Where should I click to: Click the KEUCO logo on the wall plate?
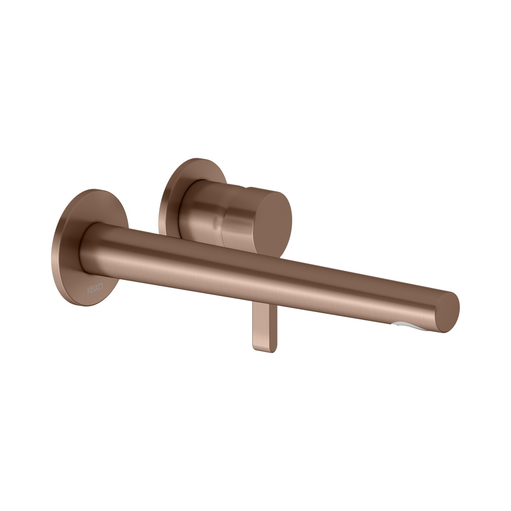95,288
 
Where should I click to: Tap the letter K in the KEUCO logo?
88,291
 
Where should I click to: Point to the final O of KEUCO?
101,286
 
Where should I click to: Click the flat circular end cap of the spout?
448,312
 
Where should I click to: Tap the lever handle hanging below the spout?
264,327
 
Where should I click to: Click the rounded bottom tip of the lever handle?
264,350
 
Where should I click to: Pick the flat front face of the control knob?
273,225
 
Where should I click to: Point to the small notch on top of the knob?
247,187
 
